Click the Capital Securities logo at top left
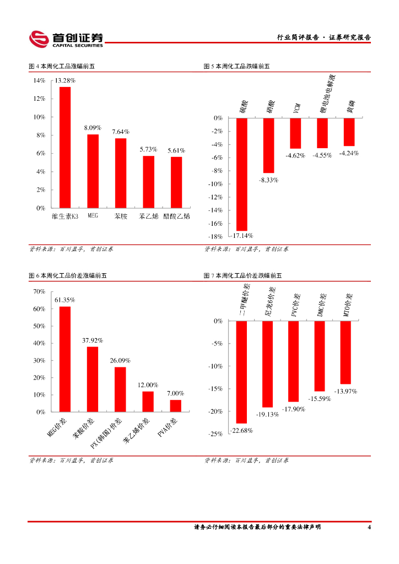66,39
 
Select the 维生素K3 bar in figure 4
65,147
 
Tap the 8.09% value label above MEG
93,128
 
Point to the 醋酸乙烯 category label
176,216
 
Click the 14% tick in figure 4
39,80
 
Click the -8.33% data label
268,180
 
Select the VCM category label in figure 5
296,109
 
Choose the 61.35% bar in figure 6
65,359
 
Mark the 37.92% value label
93,340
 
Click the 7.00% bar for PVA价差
175,406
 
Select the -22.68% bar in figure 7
241,372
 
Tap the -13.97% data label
346,392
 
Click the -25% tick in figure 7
216,434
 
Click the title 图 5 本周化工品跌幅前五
236,67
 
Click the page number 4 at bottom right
369,528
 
